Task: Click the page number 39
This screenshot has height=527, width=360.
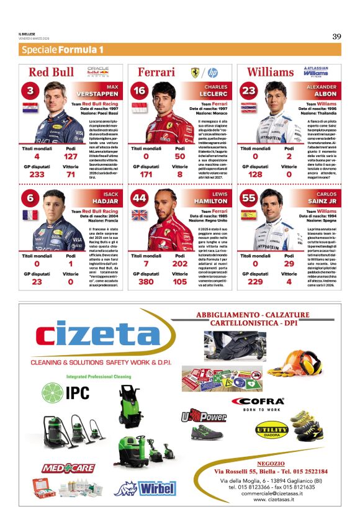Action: (x=336, y=36)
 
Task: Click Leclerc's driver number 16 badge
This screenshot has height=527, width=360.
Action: (x=139, y=91)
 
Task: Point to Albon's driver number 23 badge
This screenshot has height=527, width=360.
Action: (x=248, y=91)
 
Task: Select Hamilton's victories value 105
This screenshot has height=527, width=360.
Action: (x=179, y=282)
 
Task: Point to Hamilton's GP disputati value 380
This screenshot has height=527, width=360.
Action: (x=146, y=282)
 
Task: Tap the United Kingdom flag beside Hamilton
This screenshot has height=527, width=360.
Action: (x=139, y=215)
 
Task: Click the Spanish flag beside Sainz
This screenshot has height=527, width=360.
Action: (x=248, y=215)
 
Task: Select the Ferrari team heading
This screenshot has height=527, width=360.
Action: (x=156, y=72)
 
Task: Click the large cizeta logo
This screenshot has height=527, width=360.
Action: (x=98, y=336)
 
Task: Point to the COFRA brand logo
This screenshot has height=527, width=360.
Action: (x=258, y=402)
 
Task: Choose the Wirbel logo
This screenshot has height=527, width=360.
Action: (x=156, y=488)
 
